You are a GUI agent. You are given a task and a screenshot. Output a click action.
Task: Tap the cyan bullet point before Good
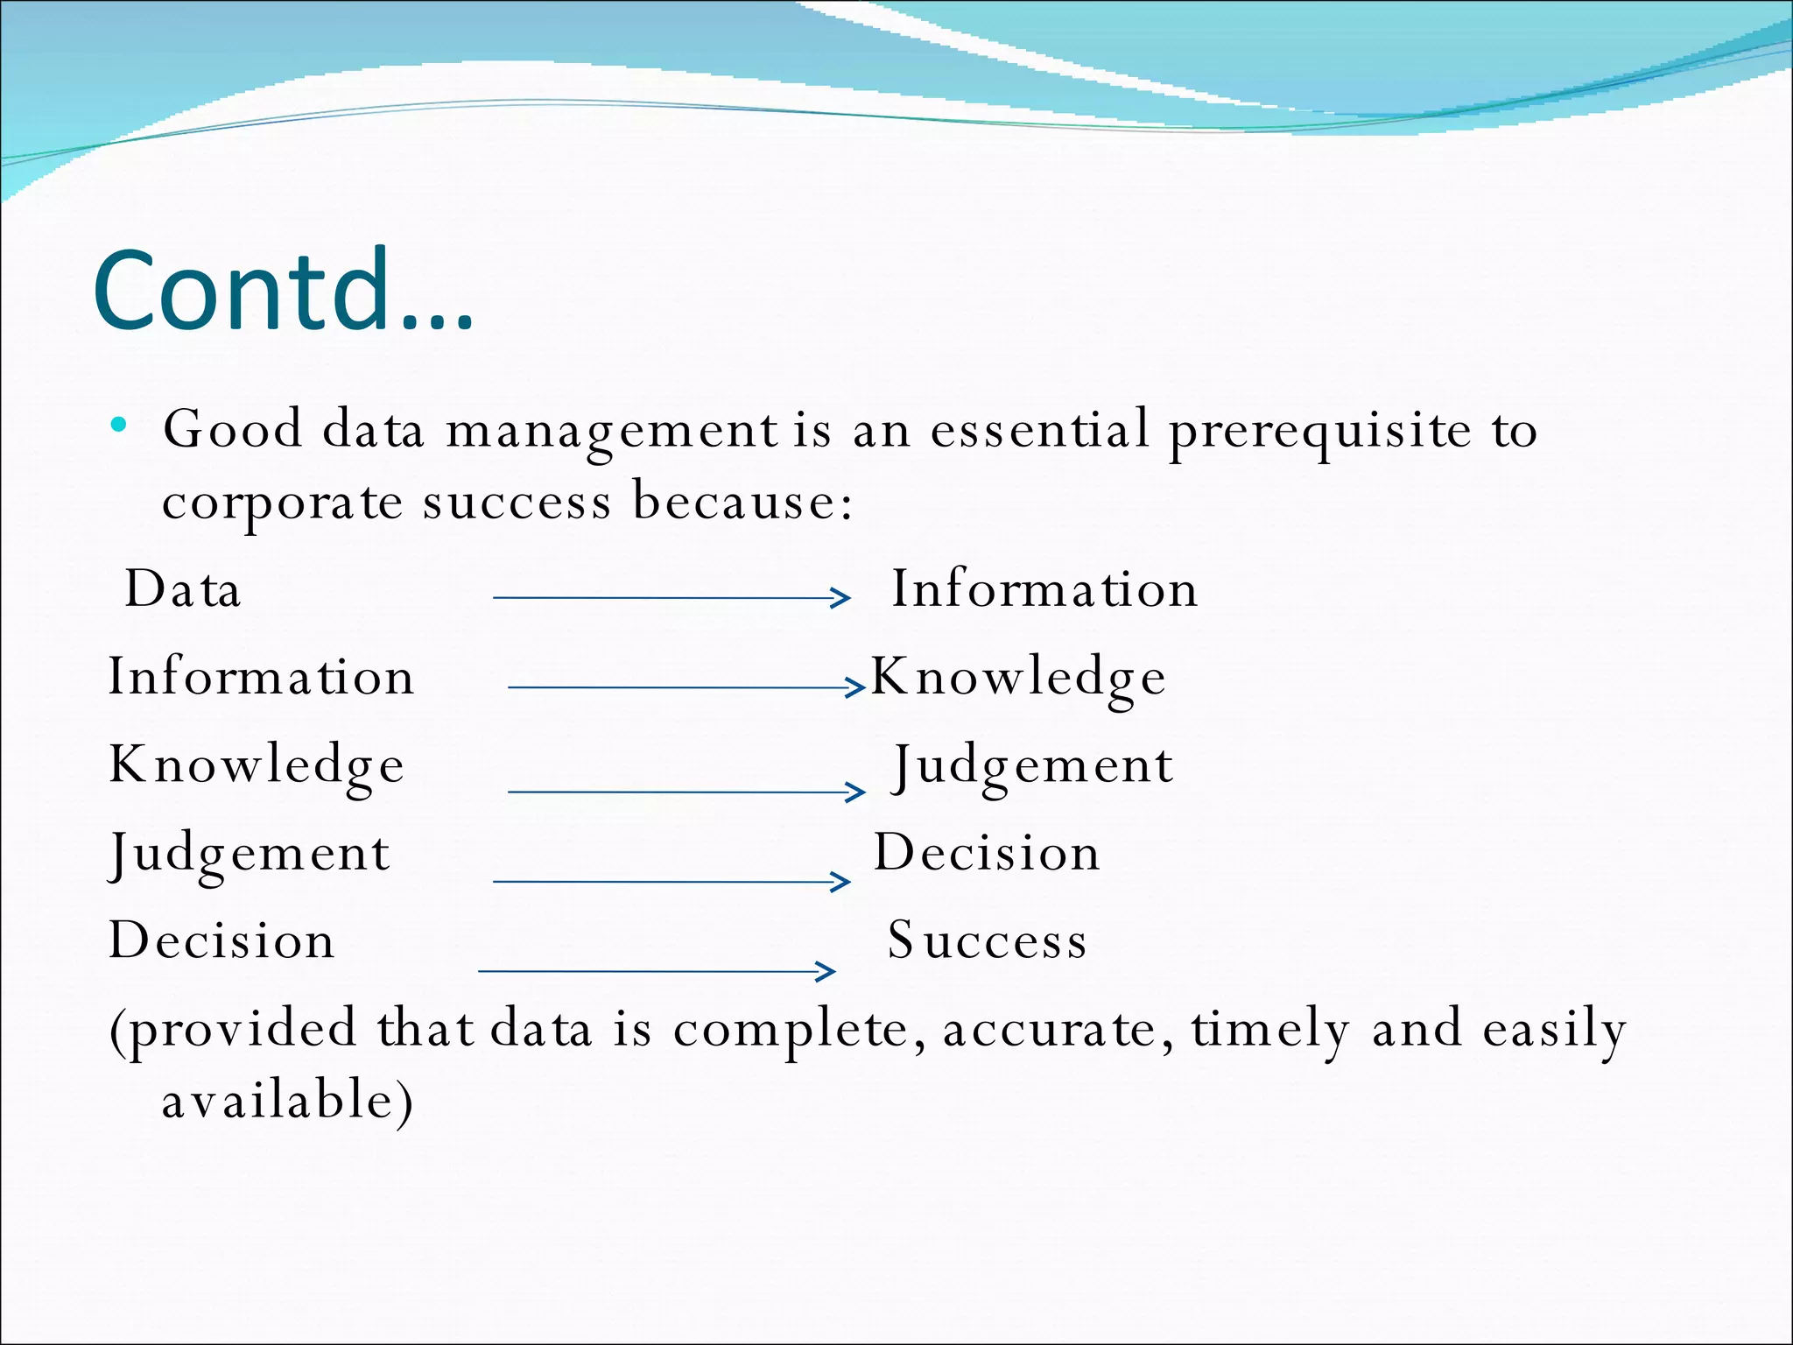point(119,426)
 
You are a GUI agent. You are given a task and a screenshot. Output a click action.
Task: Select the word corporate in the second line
point(282,504)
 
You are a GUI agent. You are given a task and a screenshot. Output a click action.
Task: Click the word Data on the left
point(182,588)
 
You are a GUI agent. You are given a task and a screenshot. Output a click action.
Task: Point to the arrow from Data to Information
point(670,598)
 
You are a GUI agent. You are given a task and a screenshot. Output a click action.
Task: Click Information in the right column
point(1044,588)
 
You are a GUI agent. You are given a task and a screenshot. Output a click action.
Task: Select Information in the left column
point(261,677)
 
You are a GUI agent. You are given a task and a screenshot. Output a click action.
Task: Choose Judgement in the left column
point(249,855)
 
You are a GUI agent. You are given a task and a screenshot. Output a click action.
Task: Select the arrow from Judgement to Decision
point(670,881)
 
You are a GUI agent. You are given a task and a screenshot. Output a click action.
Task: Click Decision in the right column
point(987,853)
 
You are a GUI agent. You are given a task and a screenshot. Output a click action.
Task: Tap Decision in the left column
point(221,941)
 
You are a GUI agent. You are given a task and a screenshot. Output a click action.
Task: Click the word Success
point(987,941)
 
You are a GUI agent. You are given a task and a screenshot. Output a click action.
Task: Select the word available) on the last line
point(287,1101)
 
